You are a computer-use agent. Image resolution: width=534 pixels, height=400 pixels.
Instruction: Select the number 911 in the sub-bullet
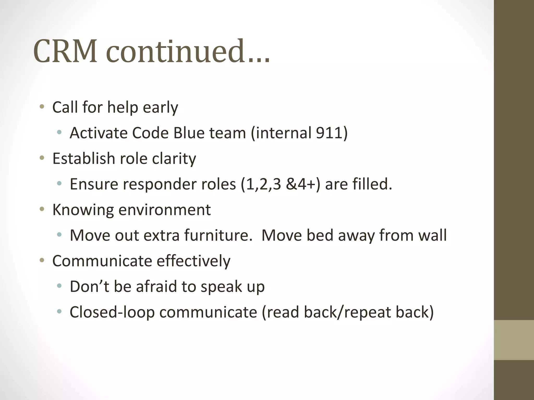click(329, 133)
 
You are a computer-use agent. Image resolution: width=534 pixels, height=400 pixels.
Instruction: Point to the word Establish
click(83, 158)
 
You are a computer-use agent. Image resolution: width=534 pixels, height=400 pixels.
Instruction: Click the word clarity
click(174, 158)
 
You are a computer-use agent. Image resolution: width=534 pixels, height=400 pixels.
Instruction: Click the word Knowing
click(83, 210)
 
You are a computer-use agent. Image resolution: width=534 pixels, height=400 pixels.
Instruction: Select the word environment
click(164, 210)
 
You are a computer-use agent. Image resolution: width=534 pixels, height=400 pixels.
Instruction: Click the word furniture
click(218, 235)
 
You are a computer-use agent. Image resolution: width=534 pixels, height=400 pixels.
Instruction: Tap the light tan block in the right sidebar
click(514, 340)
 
